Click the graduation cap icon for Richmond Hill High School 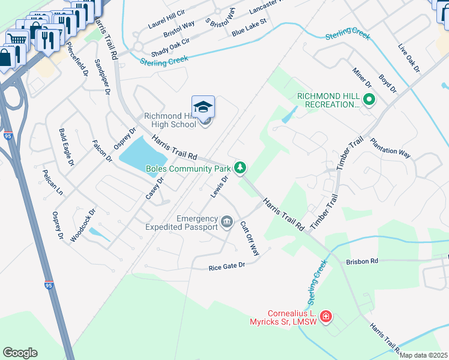pyautogui.click(x=203, y=107)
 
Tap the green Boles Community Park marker pyautogui.click(x=241, y=167)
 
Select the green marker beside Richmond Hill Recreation pyautogui.click(x=369, y=100)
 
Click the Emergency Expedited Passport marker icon pyautogui.click(x=227, y=222)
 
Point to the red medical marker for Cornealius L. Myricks pyautogui.click(x=326, y=316)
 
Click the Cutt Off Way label pyautogui.click(x=249, y=238)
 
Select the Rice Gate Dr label pyautogui.click(x=227, y=266)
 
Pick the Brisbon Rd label pyautogui.click(x=362, y=262)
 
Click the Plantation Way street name pyautogui.click(x=390, y=148)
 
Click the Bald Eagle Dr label pyautogui.click(x=66, y=147)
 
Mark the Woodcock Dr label pyautogui.click(x=83, y=226)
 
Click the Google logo pyautogui.click(x=20, y=353)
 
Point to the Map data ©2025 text pyautogui.click(x=423, y=355)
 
